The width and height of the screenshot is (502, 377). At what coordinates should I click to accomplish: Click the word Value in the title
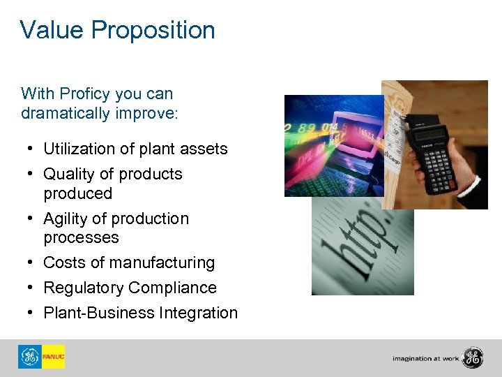pyautogui.click(x=52, y=30)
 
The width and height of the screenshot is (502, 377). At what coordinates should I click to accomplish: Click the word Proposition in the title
pyautogui.click(x=153, y=31)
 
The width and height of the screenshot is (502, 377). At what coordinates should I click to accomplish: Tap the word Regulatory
pyautogui.click(x=83, y=288)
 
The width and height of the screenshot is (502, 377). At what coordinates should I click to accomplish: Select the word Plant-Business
pyautogui.click(x=100, y=313)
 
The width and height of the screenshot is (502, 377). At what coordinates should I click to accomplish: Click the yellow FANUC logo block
pyautogui.click(x=53, y=357)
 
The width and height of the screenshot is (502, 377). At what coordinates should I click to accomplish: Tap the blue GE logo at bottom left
pyautogui.click(x=30, y=357)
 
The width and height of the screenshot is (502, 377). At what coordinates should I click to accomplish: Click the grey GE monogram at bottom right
pyautogui.click(x=472, y=357)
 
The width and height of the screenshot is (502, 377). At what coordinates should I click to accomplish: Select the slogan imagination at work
pyautogui.click(x=425, y=358)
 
